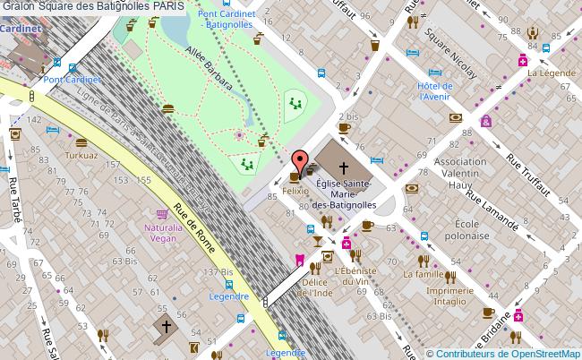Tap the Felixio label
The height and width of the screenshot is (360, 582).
pos(295,191)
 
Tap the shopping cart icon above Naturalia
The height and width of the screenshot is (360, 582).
pos(163,215)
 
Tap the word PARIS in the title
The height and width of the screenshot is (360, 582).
pos(169,6)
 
